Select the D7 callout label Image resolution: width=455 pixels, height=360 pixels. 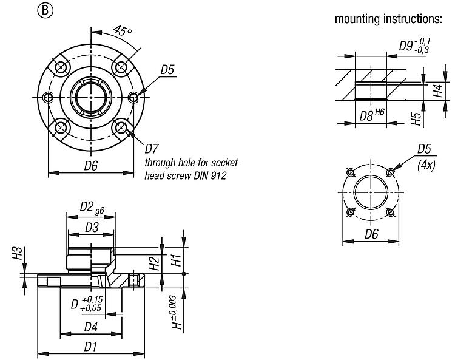click(x=152, y=148)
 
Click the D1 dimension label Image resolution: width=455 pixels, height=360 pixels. click(x=91, y=347)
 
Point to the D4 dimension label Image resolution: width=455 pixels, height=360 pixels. click(x=91, y=327)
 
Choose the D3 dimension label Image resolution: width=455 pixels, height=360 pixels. click(x=91, y=227)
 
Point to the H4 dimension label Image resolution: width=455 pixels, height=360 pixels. click(x=437, y=92)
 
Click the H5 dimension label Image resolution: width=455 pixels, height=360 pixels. click(x=416, y=117)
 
